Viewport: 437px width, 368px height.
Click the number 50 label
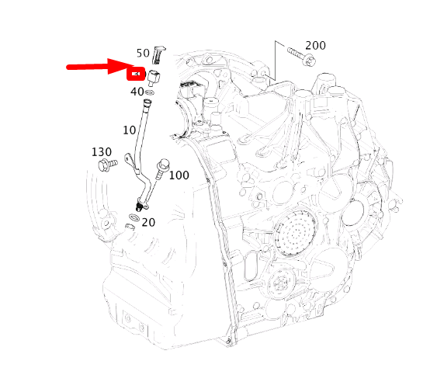[x=143, y=53]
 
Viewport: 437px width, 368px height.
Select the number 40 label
[x=137, y=92]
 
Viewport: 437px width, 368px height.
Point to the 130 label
[x=102, y=151]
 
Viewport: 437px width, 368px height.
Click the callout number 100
[x=179, y=175]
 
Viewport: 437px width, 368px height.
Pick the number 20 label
[x=148, y=222]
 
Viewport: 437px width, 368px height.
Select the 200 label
[x=315, y=45]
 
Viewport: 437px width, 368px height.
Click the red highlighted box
[x=137, y=75]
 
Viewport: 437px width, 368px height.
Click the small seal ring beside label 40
[x=150, y=92]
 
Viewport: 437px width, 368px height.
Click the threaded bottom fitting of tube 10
[x=140, y=207]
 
